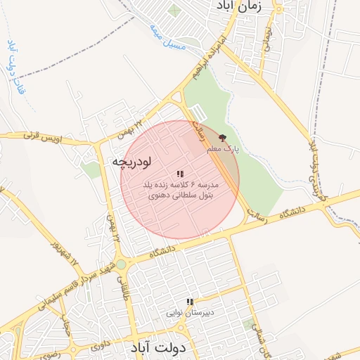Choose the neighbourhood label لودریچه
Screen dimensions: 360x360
tap(131, 162)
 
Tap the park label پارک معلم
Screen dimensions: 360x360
tap(224, 150)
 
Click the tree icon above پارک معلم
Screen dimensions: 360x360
tap(223, 139)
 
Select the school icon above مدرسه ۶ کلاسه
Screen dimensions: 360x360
tap(180, 173)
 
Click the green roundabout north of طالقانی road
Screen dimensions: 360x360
tap(121, 264)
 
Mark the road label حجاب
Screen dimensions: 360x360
tap(67, 324)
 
